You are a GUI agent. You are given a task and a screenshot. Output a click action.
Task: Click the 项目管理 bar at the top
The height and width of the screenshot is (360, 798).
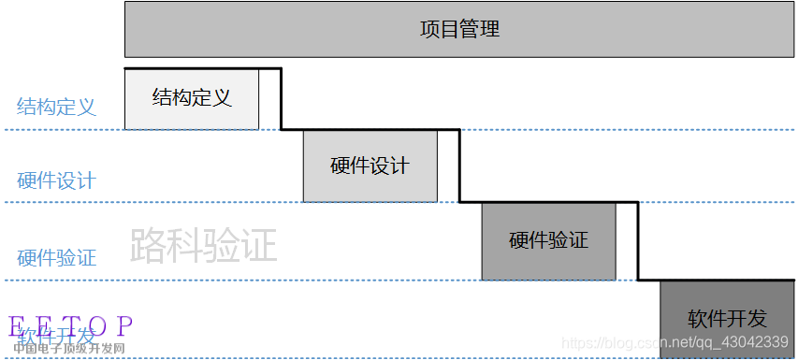click(x=460, y=29)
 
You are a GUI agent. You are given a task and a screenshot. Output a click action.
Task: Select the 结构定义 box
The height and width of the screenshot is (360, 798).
click(x=191, y=98)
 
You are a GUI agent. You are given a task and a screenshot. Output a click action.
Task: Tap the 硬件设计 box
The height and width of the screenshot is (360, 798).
click(x=370, y=166)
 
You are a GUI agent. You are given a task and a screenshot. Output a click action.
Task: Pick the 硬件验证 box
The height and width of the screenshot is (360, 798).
click(x=548, y=240)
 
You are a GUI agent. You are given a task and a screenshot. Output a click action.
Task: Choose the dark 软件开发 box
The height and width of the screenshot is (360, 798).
click(x=726, y=319)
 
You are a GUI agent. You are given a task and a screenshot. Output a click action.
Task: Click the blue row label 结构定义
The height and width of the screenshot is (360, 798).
click(x=56, y=107)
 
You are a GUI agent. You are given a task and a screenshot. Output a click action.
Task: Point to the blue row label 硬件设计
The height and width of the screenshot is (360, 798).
click(x=56, y=180)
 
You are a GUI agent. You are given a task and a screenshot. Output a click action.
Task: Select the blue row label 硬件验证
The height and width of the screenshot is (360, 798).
click(x=56, y=257)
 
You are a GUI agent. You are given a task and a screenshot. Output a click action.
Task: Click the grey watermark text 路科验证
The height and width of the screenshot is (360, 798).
click(x=204, y=245)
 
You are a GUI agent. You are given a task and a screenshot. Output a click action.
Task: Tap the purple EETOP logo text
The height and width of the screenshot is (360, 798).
click(x=71, y=326)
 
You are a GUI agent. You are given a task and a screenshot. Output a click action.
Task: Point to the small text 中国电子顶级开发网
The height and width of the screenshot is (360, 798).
click(x=69, y=349)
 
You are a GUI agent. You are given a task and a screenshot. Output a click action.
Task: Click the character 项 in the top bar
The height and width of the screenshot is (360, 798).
click(x=430, y=29)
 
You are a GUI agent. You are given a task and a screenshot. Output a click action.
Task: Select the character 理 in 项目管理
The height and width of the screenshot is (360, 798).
click(x=490, y=29)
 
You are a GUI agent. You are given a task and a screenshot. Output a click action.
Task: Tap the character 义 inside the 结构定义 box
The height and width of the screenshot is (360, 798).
click(x=221, y=97)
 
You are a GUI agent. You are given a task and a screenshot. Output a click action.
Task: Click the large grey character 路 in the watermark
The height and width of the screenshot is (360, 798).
click(x=149, y=245)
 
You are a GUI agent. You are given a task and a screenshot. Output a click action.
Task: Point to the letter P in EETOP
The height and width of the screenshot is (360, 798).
click(x=123, y=326)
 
